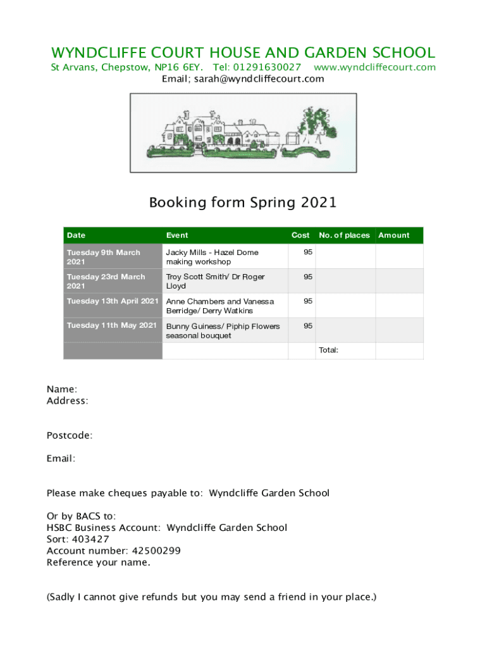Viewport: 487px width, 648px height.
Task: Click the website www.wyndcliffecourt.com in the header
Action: click(x=374, y=67)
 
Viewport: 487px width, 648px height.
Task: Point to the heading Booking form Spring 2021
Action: click(x=243, y=203)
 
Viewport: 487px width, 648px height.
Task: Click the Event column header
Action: click(x=177, y=235)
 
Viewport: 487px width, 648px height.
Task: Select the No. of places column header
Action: click(x=344, y=235)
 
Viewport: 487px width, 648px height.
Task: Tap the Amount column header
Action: click(x=394, y=235)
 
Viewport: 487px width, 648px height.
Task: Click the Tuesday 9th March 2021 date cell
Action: click(x=104, y=257)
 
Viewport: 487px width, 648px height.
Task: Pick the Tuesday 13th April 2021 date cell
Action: click(x=113, y=301)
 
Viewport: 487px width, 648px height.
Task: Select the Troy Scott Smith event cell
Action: click(x=215, y=281)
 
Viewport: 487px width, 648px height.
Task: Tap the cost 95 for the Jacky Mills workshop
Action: click(x=308, y=252)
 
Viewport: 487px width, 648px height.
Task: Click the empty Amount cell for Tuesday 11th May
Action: click(x=399, y=330)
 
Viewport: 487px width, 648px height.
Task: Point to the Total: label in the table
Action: click(x=328, y=349)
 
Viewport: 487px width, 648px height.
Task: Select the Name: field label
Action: click(x=62, y=389)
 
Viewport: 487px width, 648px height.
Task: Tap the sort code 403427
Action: click(x=90, y=539)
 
